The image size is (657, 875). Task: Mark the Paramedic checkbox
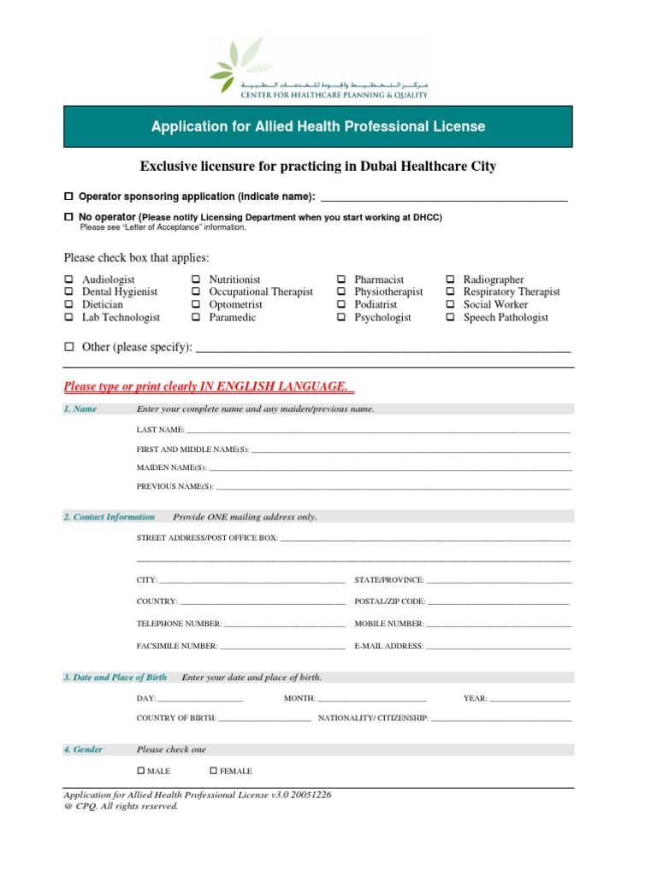(x=196, y=318)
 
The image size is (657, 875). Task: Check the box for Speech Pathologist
(x=451, y=318)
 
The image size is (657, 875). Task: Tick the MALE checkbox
(x=141, y=772)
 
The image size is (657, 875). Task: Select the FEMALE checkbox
(x=214, y=772)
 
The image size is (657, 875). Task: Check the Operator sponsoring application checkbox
(x=69, y=197)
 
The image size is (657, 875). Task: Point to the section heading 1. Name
(x=80, y=409)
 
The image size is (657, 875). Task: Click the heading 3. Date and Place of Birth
(x=115, y=678)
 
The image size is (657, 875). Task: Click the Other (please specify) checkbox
(x=69, y=348)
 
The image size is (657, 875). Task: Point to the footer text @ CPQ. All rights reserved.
(x=121, y=806)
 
